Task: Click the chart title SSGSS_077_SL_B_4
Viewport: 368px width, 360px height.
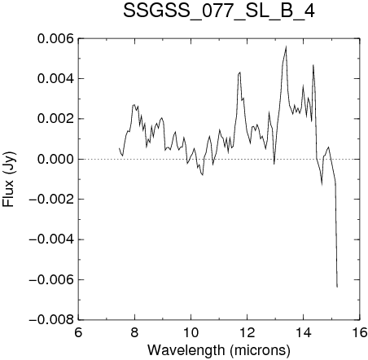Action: (x=219, y=11)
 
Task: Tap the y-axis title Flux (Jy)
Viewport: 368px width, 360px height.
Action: (x=9, y=179)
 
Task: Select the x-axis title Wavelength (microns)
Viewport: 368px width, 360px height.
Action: (x=219, y=350)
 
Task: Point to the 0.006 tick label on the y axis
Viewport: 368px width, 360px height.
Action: (x=55, y=38)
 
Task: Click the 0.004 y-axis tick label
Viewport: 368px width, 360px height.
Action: (x=55, y=79)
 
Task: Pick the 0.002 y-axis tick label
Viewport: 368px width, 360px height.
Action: (x=55, y=119)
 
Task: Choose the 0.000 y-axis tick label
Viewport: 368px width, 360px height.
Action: (x=55, y=159)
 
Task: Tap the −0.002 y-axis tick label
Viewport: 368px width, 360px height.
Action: (x=51, y=200)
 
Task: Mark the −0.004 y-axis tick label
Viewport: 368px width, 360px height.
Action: (x=51, y=239)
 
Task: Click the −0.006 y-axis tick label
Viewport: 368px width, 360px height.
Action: (x=51, y=279)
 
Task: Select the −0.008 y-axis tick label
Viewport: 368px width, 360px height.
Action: (x=51, y=320)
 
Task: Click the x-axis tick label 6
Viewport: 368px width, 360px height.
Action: (x=78, y=332)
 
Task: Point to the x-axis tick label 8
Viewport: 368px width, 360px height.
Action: (x=134, y=332)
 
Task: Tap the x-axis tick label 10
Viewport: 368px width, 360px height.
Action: (x=191, y=332)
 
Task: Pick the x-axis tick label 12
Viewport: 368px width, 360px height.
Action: (x=247, y=332)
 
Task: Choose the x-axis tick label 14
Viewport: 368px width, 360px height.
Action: (x=304, y=332)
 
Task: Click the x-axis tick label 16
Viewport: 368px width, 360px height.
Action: (x=360, y=332)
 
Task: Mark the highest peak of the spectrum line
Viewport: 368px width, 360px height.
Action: (x=286, y=46)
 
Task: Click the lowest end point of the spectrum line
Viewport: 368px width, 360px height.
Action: (x=337, y=287)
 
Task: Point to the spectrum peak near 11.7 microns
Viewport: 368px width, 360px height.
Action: (x=240, y=72)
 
